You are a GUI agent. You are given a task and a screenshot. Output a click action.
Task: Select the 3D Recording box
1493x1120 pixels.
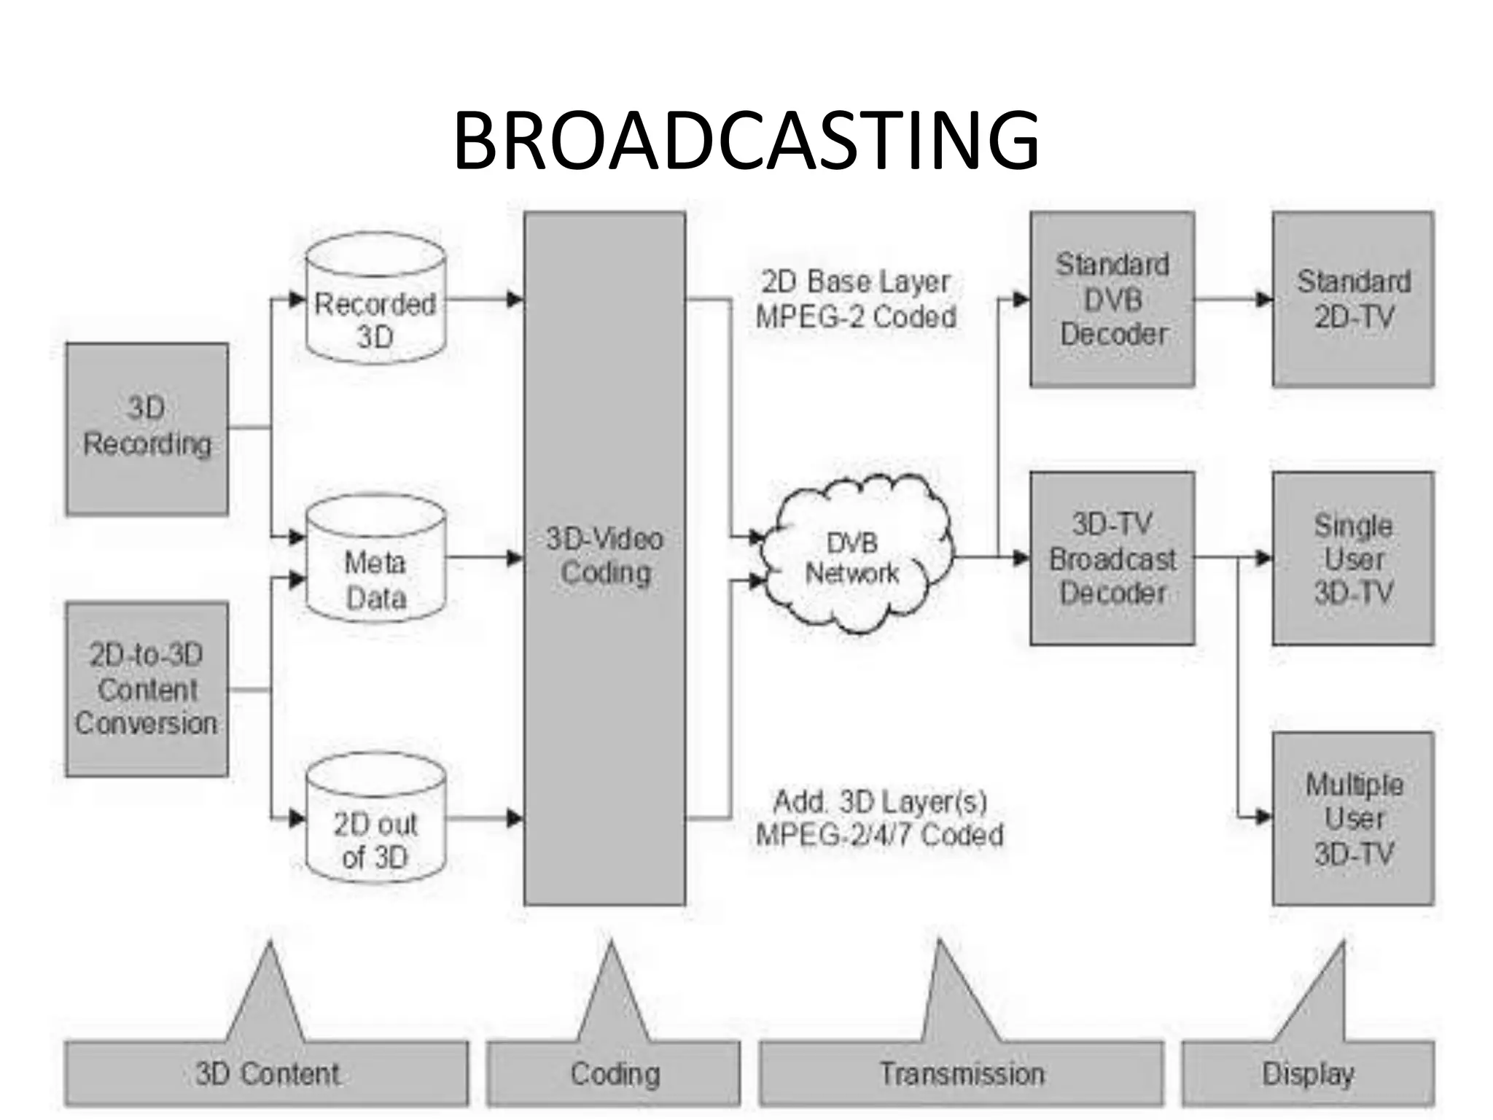[x=147, y=429]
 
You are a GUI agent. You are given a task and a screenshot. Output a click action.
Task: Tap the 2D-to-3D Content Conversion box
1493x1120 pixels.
[x=147, y=689]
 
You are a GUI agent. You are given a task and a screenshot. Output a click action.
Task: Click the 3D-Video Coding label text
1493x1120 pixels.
[x=605, y=556]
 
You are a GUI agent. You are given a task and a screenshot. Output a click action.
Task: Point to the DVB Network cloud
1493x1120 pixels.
[x=853, y=558]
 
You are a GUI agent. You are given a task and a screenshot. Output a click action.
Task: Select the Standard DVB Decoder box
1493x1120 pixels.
[x=1112, y=299]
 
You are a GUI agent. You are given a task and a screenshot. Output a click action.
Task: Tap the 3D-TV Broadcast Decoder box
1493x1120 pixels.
[x=1112, y=559]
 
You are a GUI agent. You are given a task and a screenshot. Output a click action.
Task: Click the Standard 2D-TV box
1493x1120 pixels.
[x=1353, y=299]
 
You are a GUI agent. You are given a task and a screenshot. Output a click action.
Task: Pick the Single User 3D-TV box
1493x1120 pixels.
[x=1353, y=559]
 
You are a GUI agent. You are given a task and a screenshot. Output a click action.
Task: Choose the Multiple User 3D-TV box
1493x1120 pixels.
[x=1353, y=818]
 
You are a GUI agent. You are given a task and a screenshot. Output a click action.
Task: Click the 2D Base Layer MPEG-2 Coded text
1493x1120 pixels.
[x=856, y=300]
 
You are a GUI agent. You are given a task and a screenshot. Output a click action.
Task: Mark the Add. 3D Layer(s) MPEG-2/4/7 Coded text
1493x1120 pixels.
[x=879, y=818]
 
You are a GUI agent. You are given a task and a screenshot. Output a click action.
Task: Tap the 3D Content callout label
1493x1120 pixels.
[x=267, y=1073]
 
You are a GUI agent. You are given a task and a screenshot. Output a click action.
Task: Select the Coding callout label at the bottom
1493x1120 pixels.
[x=614, y=1073]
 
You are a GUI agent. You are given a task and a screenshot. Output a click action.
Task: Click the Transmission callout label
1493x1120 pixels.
[x=961, y=1073]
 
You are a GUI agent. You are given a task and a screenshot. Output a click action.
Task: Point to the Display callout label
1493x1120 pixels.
[x=1308, y=1073]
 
